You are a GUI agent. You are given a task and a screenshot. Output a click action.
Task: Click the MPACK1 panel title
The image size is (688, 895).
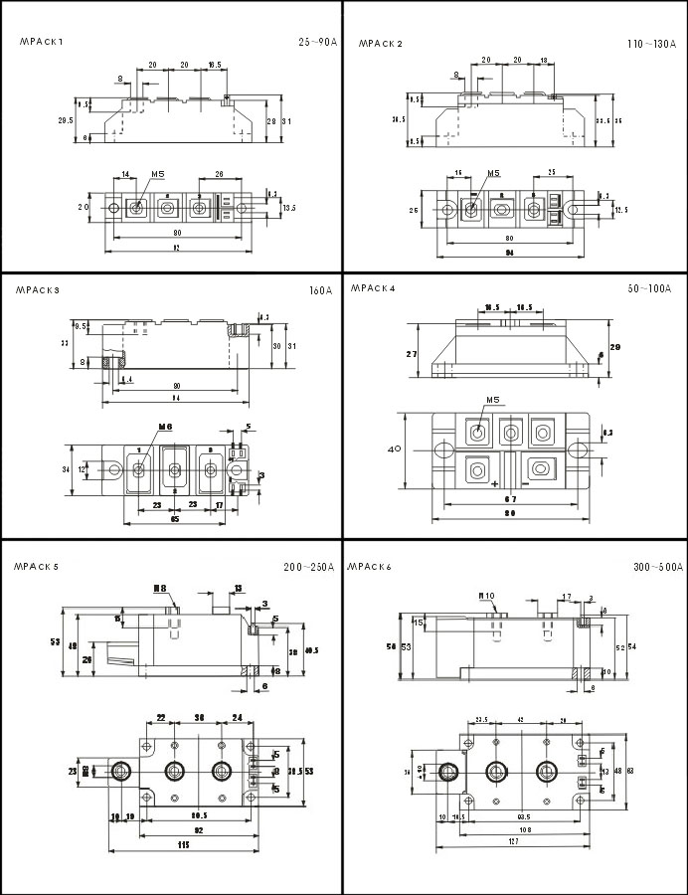[41, 42]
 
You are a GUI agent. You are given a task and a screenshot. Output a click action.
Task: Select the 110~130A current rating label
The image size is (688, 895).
[650, 45]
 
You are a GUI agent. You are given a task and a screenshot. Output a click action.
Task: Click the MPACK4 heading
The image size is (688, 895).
[373, 288]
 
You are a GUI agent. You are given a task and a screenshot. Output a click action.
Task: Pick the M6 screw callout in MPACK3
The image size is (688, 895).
[165, 427]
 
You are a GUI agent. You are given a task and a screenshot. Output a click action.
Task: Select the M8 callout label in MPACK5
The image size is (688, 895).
[159, 589]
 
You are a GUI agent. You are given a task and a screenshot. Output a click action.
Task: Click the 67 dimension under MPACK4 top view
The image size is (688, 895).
[508, 498]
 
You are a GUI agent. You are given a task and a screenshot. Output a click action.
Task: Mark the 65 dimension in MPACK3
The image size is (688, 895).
[175, 519]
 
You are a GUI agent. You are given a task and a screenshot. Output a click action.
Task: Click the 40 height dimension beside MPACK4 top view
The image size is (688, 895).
[394, 448]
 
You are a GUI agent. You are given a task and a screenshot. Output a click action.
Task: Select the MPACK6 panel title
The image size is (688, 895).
[370, 566]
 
